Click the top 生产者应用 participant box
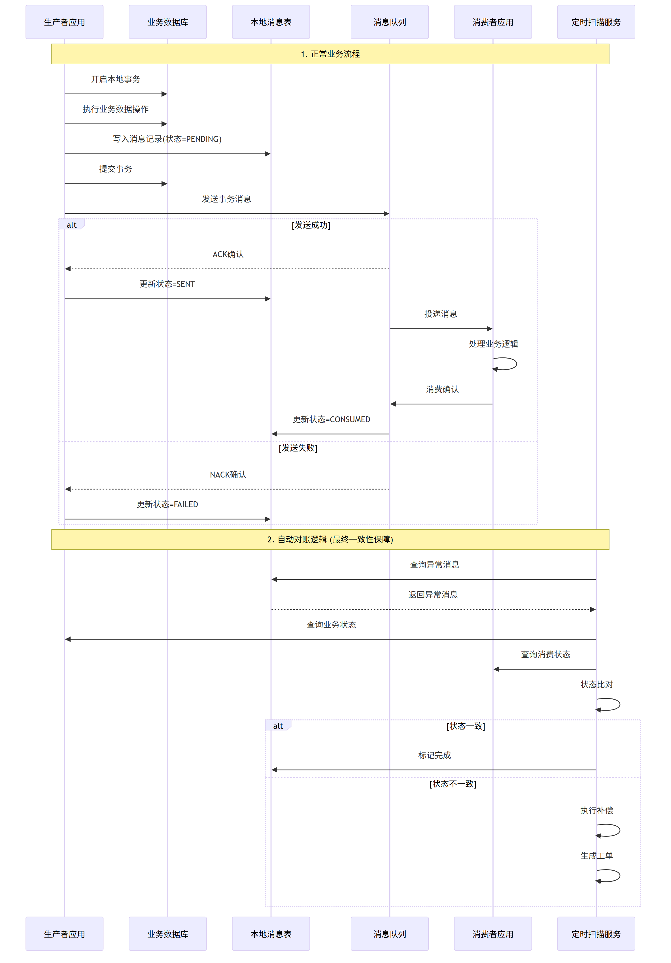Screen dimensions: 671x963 click(x=64, y=22)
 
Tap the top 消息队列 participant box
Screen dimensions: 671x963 click(x=389, y=22)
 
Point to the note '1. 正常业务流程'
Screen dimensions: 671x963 click(x=330, y=54)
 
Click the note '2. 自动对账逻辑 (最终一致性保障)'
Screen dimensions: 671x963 click(x=330, y=539)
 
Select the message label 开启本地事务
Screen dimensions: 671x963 click(x=115, y=79)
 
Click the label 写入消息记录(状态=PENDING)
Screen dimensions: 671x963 click(x=167, y=139)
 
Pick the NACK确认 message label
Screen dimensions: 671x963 click(x=228, y=474)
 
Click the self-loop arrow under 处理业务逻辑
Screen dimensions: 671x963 click(x=506, y=364)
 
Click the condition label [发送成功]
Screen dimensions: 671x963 click(x=311, y=225)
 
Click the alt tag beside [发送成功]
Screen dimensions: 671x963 click(x=71, y=225)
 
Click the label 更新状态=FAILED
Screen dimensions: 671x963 click(x=167, y=504)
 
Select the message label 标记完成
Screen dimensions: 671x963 click(x=434, y=755)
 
